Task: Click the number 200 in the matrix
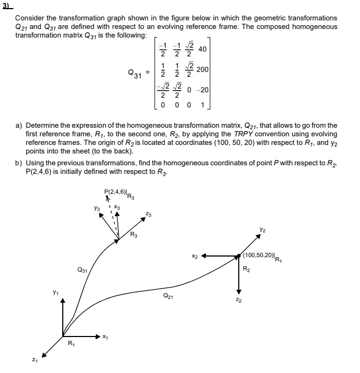(x=203, y=70)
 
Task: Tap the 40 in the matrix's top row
(x=202, y=49)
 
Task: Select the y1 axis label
(x=55, y=292)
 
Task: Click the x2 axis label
(x=196, y=257)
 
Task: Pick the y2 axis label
(x=261, y=230)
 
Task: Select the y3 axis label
(x=97, y=208)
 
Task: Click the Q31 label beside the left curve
(x=82, y=270)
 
